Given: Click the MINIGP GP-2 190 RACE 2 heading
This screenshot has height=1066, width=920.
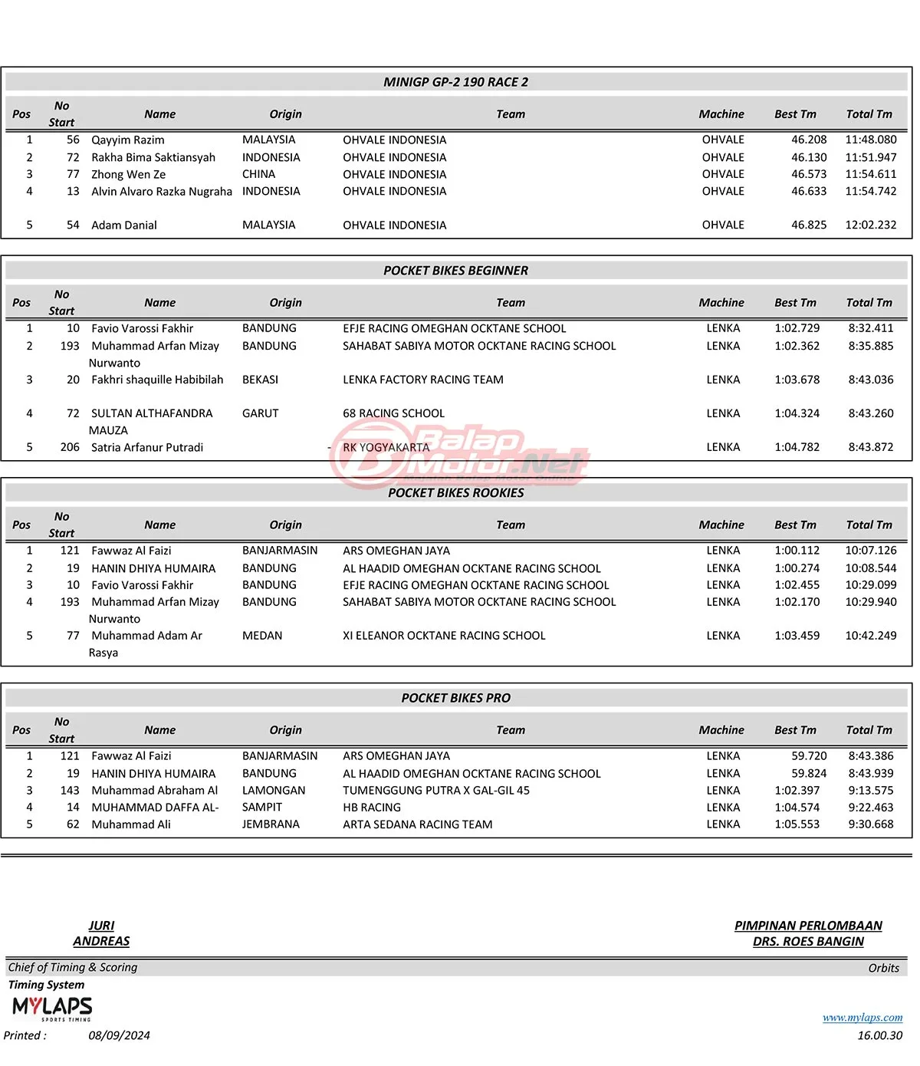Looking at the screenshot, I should [455, 82].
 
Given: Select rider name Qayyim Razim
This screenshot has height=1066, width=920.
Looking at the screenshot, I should [127, 140].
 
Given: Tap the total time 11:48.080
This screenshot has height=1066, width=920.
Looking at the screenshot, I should [870, 140].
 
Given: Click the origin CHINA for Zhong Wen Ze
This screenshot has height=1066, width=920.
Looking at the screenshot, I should [258, 174].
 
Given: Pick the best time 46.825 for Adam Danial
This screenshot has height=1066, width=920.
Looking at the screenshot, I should [809, 225].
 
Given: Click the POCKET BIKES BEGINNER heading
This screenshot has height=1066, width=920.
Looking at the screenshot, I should [455, 271].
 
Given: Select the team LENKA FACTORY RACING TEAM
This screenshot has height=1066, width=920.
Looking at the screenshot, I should [422, 380].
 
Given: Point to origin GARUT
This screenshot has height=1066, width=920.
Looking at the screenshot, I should [260, 413].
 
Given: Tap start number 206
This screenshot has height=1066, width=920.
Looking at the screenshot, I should [70, 447].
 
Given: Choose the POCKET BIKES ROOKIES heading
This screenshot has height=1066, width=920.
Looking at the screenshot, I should [455, 493].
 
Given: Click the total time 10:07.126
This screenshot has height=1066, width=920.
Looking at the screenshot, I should [870, 551].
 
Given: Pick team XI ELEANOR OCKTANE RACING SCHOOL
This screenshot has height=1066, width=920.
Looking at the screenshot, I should [444, 636].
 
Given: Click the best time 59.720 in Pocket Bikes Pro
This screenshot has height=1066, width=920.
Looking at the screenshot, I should [809, 756].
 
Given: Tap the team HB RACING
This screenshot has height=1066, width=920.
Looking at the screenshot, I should [371, 808].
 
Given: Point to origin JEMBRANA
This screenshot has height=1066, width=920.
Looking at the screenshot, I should [271, 824].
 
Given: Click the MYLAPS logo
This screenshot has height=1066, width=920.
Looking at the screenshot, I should [52, 1007].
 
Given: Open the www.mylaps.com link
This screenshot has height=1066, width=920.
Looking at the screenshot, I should [862, 1018].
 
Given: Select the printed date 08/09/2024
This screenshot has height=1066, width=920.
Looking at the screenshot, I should [119, 1035].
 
